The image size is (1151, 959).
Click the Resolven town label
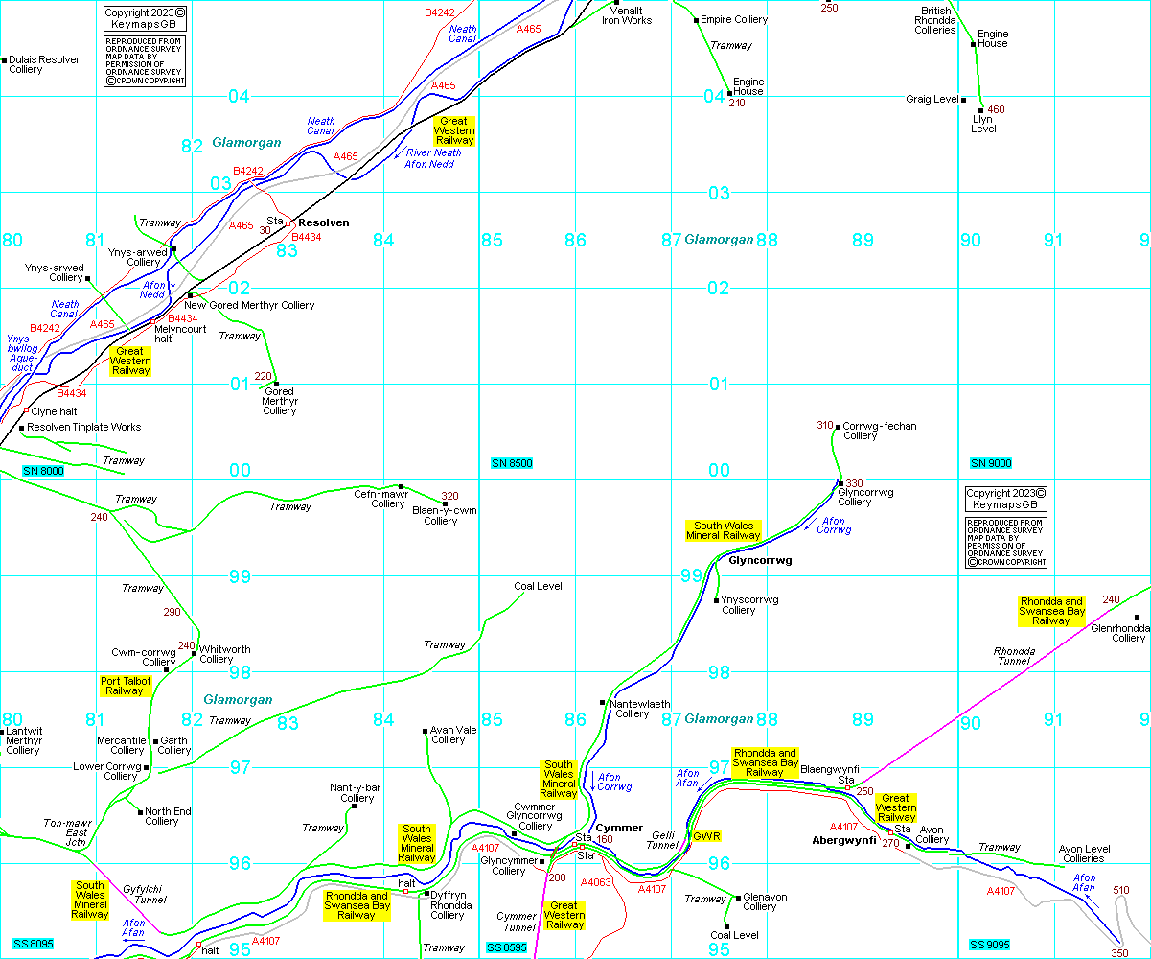322,222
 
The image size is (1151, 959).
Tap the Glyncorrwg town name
760,561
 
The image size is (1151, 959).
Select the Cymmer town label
619,828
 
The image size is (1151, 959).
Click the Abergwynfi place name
844,839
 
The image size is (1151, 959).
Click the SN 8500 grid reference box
511,464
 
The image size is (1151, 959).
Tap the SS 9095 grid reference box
990,945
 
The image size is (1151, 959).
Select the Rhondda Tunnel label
1014,658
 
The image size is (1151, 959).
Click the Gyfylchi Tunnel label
144,895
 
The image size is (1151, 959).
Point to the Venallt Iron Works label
627,15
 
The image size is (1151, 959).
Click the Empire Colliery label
735,19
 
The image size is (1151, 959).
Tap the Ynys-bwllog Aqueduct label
21,353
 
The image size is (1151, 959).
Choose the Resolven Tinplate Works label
84,427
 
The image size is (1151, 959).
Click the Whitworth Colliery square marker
194,654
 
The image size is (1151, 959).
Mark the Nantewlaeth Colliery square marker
602,703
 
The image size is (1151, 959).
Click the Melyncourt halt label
180,334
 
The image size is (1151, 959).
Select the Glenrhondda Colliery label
1118,633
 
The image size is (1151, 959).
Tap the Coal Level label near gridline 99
538,586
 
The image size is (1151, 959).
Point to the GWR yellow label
706,836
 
